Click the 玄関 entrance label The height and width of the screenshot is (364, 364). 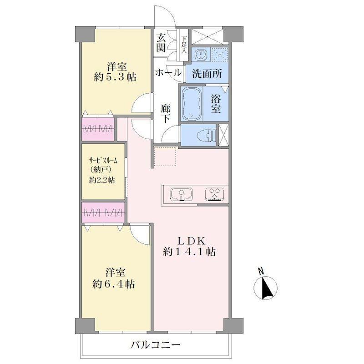(161, 42)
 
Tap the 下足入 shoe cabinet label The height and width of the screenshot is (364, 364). (184, 45)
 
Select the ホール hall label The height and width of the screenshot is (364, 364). (168, 73)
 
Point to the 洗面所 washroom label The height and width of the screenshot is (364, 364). (207, 74)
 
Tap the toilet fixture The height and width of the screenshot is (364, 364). (206, 135)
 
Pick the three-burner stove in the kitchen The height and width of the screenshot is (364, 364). (214, 194)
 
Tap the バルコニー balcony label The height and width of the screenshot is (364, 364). (155, 345)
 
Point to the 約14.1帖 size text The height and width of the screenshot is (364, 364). (189, 252)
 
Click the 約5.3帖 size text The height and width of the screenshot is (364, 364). (116, 77)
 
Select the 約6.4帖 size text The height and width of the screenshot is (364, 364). (114, 283)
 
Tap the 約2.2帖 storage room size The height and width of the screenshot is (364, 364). (102, 180)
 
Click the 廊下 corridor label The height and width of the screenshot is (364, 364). (166, 113)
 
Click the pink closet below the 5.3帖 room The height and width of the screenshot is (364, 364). (98, 129)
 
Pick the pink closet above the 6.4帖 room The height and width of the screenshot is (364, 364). (103, 212)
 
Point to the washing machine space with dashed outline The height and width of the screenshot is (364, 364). (220, 55)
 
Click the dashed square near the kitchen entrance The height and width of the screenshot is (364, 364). (166, 157)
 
